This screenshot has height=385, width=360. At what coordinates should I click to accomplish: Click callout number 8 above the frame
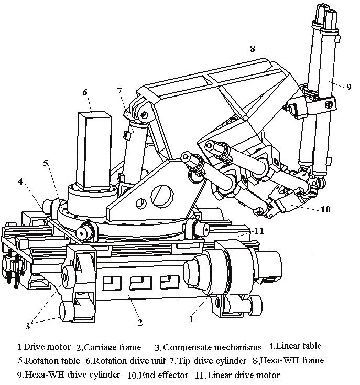point(252,49)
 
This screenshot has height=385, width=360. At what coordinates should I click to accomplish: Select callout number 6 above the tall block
point(84,92)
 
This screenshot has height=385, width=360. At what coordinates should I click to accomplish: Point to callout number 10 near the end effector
point(325,209)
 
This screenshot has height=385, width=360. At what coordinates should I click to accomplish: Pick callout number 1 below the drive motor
point(191,318)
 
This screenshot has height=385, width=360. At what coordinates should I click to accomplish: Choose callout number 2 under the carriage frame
point(140,322)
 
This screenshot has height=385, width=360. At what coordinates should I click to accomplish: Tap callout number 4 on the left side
point(20,181)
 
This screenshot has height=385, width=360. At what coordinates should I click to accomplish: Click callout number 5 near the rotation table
point(46,163)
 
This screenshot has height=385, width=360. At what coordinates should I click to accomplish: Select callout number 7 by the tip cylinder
point(119,90)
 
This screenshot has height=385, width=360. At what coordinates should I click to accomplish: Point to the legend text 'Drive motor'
point(48,347)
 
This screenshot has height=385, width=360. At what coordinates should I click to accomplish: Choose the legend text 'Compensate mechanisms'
point(212,347)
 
